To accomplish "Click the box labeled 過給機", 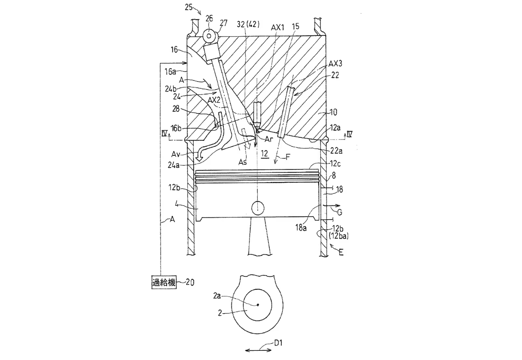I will coord(164,282).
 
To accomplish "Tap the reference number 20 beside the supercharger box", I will coord(190,282).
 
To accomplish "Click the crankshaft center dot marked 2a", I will coord(258,304).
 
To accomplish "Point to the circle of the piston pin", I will coord(258,207).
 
